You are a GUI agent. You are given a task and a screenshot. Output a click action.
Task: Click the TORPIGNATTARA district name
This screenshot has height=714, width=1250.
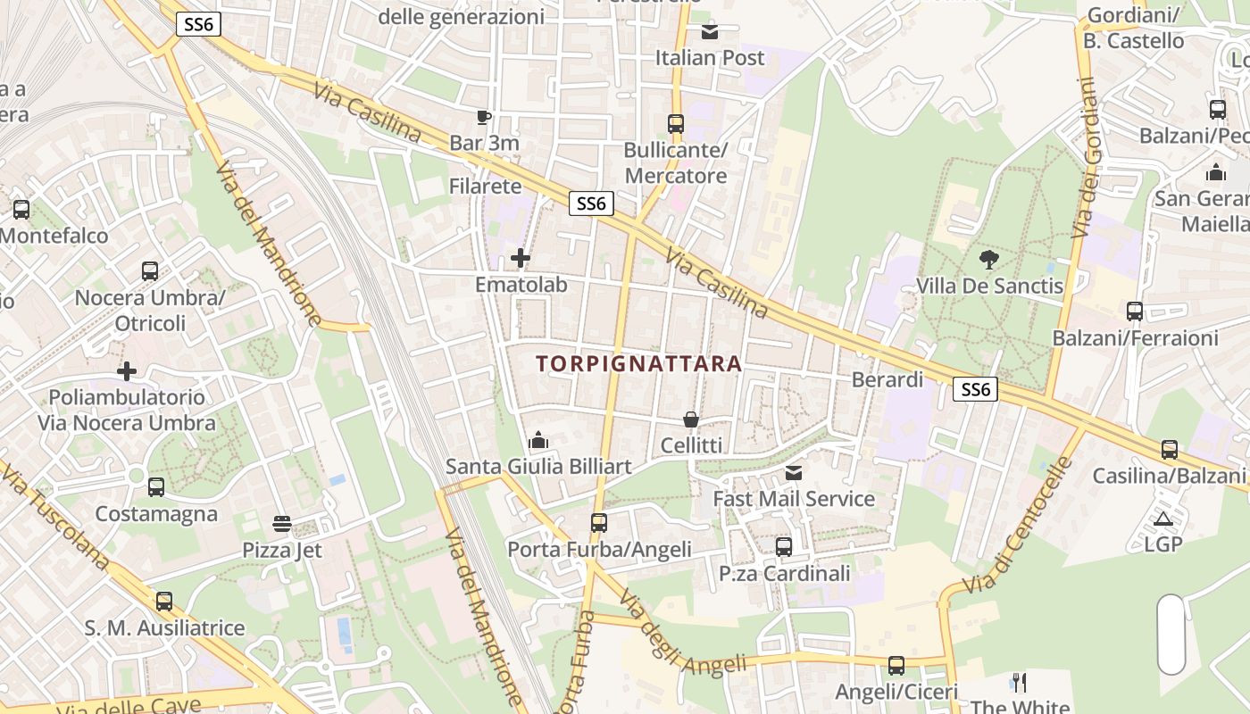(639, 363)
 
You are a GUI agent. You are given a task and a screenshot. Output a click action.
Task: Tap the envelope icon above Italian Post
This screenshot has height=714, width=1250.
(710, 32)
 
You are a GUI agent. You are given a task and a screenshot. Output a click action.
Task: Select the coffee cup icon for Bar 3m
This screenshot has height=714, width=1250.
(483, 117)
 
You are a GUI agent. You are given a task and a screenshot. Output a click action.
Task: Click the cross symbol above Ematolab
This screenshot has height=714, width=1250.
(521, 259)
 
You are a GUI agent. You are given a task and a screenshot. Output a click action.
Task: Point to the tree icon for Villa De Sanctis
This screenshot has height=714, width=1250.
(988, 260)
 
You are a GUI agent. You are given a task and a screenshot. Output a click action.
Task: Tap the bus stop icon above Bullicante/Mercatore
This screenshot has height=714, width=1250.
(676, 124)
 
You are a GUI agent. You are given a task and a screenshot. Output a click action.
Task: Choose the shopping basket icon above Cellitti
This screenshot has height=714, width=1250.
(691, 419)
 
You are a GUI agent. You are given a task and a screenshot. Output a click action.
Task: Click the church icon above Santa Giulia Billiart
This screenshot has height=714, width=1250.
(537, 440)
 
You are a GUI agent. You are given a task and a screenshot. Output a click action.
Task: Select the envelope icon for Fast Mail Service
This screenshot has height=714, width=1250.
(793, 472)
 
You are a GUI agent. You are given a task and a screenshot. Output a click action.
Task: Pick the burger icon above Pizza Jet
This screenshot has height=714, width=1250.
(282, 523)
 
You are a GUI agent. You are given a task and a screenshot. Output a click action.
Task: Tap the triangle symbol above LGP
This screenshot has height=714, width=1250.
(1162, 519)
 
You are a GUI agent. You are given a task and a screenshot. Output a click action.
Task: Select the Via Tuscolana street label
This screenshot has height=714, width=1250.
(55, 518)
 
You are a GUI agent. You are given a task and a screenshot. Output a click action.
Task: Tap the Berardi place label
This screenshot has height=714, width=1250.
(887, 379)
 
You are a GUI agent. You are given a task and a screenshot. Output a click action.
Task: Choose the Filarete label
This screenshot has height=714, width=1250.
(485, 186)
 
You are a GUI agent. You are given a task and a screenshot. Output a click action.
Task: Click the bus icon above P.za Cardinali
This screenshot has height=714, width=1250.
(784, 546)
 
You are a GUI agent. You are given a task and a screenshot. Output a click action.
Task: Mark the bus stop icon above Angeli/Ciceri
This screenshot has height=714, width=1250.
(896, 666)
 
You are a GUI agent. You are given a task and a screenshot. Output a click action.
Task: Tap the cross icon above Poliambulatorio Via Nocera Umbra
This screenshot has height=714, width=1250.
(127, 370)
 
